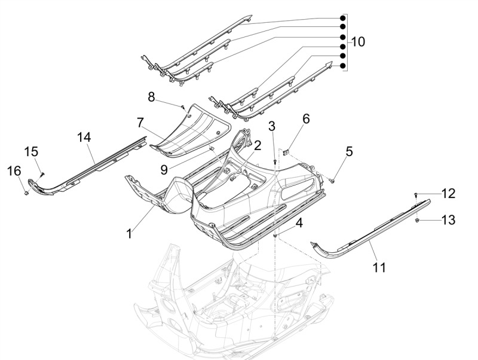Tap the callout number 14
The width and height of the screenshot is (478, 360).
tap(84, 137)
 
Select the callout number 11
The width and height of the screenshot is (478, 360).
tap(379, 267)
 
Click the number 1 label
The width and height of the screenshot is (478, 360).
tap(129, 233)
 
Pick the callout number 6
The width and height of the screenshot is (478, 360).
tap(306, 119)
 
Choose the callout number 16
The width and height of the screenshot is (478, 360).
tap(14, 172)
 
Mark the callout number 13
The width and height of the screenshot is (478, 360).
tap(448, 221)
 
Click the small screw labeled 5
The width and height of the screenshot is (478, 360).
tap(333, 179)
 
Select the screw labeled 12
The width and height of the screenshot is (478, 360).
tap(416, 195)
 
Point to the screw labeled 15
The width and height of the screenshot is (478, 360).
tap(43, 174)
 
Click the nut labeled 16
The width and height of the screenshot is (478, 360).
tap(28, 193)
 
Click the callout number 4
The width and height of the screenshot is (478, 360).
tap(299, 224)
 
